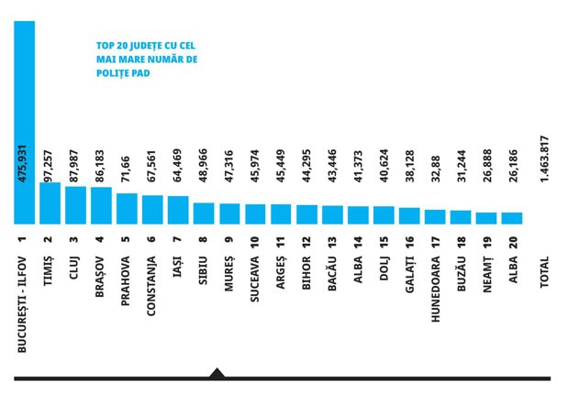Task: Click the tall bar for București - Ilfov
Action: point(25,122)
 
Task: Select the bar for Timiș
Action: point(50,203)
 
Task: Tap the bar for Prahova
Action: point(128,209)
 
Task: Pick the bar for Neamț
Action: point(486,218)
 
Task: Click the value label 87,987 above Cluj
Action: point(74,165)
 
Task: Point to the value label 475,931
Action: point(22,163)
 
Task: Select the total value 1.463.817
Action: point(544,159)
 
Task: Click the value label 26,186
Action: point(514,165)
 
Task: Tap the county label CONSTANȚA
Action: point(151,286)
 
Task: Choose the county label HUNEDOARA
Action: point(436,289)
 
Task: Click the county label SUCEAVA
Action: point(255,279)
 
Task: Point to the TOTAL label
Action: point(544,272)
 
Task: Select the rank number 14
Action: point(358,242)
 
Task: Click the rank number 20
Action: point(513,242)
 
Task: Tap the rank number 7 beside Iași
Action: point(177,239)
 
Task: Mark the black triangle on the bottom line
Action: point(217,373)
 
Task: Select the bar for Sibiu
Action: point(204,213)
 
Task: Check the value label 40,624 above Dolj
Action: point(384,165)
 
